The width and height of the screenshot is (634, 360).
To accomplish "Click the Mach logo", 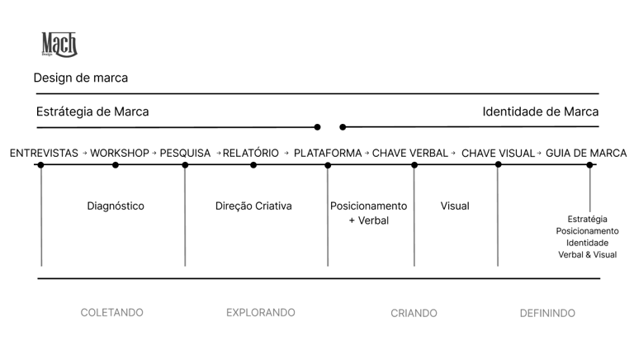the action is pyautogui.click(x=59, y=45).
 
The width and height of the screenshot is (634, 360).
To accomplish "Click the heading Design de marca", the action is pyautogui.click(x=81, y=78).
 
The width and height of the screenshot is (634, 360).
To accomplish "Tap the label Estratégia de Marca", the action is pyautogui.click(x=92, y=111).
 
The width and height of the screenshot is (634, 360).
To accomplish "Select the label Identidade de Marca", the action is pyautogui.click(x=541, y=111).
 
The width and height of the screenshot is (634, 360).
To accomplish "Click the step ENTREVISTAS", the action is pyautogui.click(x=44, y=153).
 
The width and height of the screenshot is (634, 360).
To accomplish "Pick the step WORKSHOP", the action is pyautogui.click(x=120, y=153).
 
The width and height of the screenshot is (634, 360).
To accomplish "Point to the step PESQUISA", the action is pyautogui.click(x=185, y=153).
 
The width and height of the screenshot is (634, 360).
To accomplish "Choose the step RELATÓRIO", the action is pyautogui.click(x=251, y=153).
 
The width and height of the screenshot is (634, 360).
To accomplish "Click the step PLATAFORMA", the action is pyautogui.click(x=328, y=153).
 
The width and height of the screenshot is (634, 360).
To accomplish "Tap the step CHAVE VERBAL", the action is pyautogui.click(x=410, y=153).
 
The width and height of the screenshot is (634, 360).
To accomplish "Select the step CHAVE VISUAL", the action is pyautogui.click(x=499, y=153).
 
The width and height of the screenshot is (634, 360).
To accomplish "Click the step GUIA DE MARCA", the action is pyautogui.click(x=586, y=153).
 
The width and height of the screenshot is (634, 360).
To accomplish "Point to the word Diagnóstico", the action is pyautogui.click(x=116, y=206).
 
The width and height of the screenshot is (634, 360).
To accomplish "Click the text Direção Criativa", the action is pyautogui.click(x=253, y=206).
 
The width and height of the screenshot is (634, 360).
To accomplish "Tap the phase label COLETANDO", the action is pyautogui.click(x=111, y=313).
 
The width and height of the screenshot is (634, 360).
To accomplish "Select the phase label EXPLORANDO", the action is pyautogui.click(x=261, y=313).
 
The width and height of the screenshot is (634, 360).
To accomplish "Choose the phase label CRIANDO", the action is pyautogui.click(x=414, y=313).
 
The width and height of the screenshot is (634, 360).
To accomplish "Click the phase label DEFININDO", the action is pyautogui.click(x=547, y=313).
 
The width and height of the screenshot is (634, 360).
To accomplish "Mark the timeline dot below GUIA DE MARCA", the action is pyautogui.click(x=589, y=165).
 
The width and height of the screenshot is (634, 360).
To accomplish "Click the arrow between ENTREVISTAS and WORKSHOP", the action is pyautogui.click(x=84, y=154).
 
